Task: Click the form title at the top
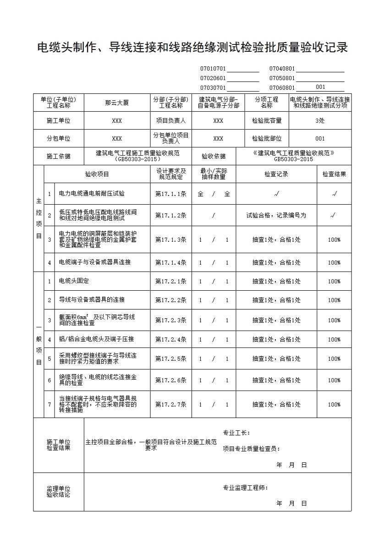(x=192, y=48)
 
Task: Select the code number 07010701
(x=213, y=69)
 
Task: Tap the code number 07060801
(x=282, y=87)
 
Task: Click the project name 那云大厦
(x=117, y=103)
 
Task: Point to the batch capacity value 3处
(x=320, y=121)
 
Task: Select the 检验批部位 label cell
(x=267, y=138)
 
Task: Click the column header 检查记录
(x=276, y=174)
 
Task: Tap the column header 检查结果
(x=334, y=174)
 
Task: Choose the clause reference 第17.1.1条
(x=171, y=194)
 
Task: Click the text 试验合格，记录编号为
(x=276, y=215)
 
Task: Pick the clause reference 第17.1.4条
(x=171, y=262)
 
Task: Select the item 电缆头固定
(x=74, y=281)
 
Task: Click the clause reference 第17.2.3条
(x=171, y=320)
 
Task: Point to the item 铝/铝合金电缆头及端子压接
(x=96, y=339)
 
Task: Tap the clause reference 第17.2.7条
(x=171, y=404)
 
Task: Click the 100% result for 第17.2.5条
(x=334, y=358)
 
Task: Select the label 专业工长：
(x=236, y=433)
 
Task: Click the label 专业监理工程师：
(x=246, y=488)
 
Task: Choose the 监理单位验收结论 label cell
(x=59, y=492)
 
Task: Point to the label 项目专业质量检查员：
(x=252, y=449)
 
